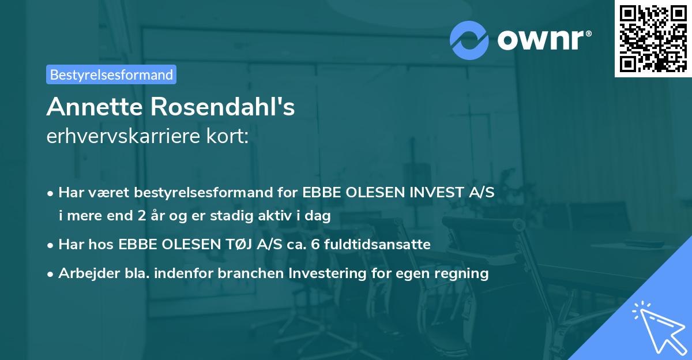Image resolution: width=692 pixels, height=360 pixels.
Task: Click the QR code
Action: coord(653,38)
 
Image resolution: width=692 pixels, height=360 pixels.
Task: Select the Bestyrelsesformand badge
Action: coord(111,74)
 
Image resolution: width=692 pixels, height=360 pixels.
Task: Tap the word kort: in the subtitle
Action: coord(231,137)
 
